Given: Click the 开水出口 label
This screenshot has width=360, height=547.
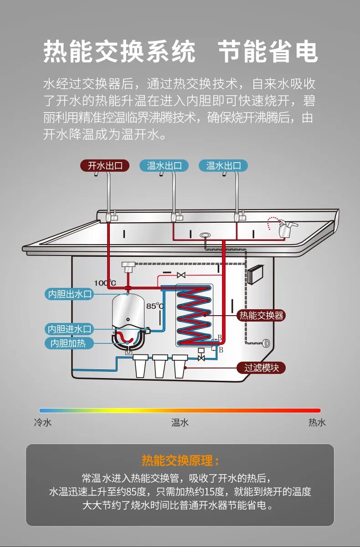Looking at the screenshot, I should pyautogui.click(x=105, y=165).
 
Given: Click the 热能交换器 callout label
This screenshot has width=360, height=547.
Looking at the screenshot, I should pyautogui.click(x=262, y=315).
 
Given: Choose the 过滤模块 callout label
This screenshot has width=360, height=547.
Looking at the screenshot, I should pyautogui.click(x=262, y=368).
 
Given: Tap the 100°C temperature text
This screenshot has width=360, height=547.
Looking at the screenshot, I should pyautogui.click(x=105, y=283).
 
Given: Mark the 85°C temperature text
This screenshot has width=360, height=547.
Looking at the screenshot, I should pyautogui.click(x=154, y=306).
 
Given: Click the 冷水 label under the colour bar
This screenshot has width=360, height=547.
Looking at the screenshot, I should pyautogui.click(x=43, y=423).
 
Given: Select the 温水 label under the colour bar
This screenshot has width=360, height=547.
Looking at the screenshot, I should pyautogui.click(x=180, y=423).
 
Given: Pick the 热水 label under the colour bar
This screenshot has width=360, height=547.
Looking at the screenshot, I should pyautogui.click(x=317, y=423).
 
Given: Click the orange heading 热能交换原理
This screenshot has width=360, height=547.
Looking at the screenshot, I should pyautogui.click(x=180, y=461).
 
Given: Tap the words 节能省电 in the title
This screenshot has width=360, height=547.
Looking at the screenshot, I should pyautogui.click(x=267, y=51).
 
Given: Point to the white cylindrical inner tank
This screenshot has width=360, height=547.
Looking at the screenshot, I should pyautogui.click(x=128, y=312).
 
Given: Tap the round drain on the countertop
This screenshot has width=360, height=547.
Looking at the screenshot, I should pyautogui.click(x=205, y=235).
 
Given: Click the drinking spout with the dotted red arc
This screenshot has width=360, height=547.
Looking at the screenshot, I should pyautogui.click(x=286, y=227).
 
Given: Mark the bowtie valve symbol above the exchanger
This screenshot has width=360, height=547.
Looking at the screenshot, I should pyautogui.click(x=181, y=275).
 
